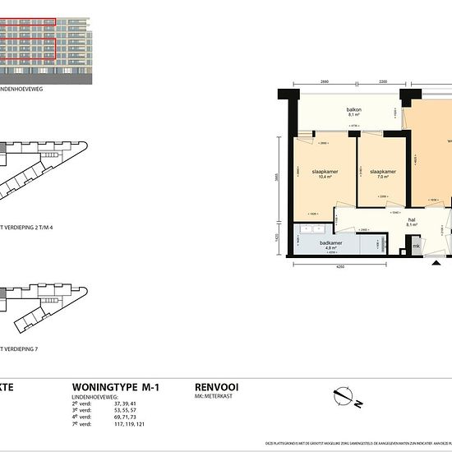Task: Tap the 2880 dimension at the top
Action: [325, 83]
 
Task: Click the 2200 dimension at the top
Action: [383, 83]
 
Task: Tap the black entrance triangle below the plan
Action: [434, 264]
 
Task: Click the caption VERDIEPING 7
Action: [21, 348]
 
